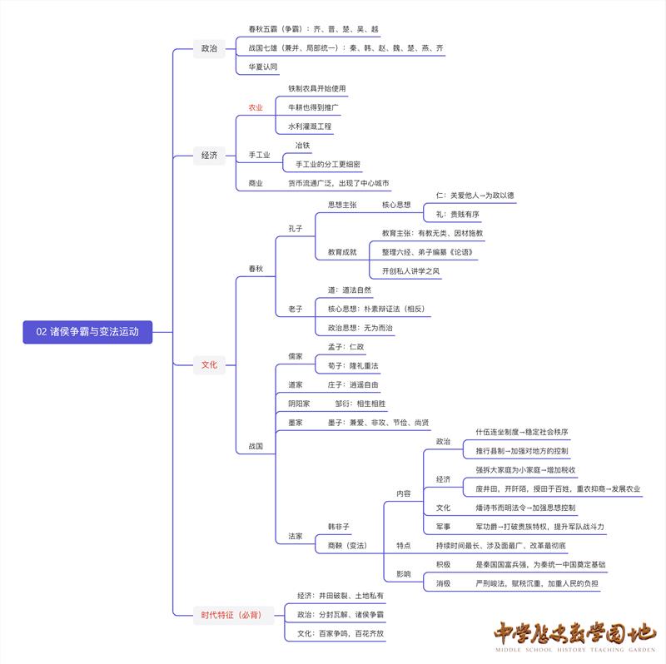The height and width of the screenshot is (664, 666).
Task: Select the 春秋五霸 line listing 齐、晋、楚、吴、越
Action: pyautogui.click(x=307, y=28)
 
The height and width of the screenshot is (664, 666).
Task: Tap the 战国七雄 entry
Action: pyautogui.click(x=340, y=48)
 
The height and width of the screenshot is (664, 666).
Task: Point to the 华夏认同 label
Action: pyautogui.click(x=263, y=67)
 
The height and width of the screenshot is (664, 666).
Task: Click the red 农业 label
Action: pyautogui.click(x=256, y=107)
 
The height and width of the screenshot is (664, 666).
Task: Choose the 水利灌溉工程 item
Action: pyautogui.click(x=310, y=126)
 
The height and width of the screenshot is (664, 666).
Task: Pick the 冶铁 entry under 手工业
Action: pyautogui.click(x=302, y=146)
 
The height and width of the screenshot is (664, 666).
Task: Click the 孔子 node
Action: pyautogui.click(x=296, y=228)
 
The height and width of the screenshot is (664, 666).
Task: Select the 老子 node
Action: pyautogui.click(x=296, y=309)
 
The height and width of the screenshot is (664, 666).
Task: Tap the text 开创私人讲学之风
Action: pyautogui.click(x=411, y=270)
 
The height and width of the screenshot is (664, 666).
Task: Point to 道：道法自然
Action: pyautogui.click(x=350, y=290)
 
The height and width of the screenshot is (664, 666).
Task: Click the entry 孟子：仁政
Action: pyautogui.click(x=345, y=346)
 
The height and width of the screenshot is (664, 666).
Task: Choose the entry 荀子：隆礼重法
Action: pyautogui.click(x=353, y=365)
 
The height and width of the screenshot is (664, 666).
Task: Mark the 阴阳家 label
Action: pyautogui.click(x=299, y=404)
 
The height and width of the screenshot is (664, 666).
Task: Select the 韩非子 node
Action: pyautogui.click(x=339, y=527)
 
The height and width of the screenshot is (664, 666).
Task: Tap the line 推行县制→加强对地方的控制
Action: pyautogui.click(x=522, y=451)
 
